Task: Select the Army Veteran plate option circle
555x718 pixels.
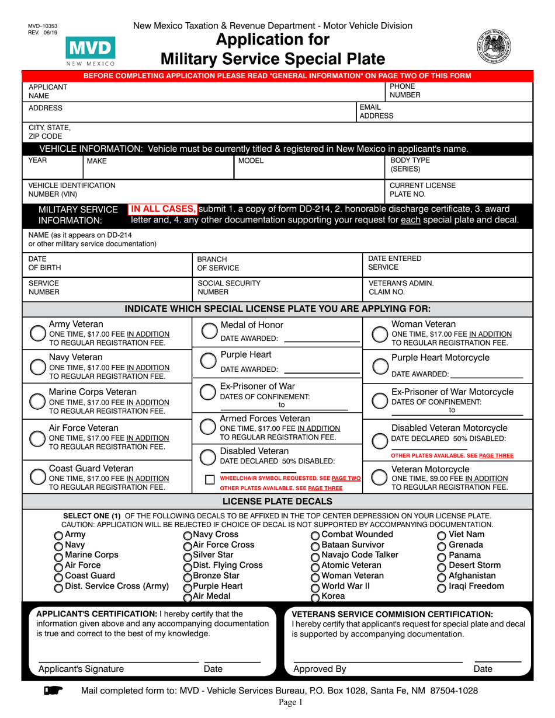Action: (38, 333)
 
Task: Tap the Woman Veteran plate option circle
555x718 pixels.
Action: (380, 333)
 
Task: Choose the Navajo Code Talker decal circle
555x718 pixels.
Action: (315, 556)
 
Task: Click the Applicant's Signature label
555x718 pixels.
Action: (81, 669)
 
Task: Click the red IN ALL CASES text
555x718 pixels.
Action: (163, 209)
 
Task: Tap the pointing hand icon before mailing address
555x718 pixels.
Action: (53, 691)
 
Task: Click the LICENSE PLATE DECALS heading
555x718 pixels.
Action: (277, 501)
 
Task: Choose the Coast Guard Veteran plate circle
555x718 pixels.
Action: (38, 477)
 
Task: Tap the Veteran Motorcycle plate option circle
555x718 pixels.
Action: (380, 477)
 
